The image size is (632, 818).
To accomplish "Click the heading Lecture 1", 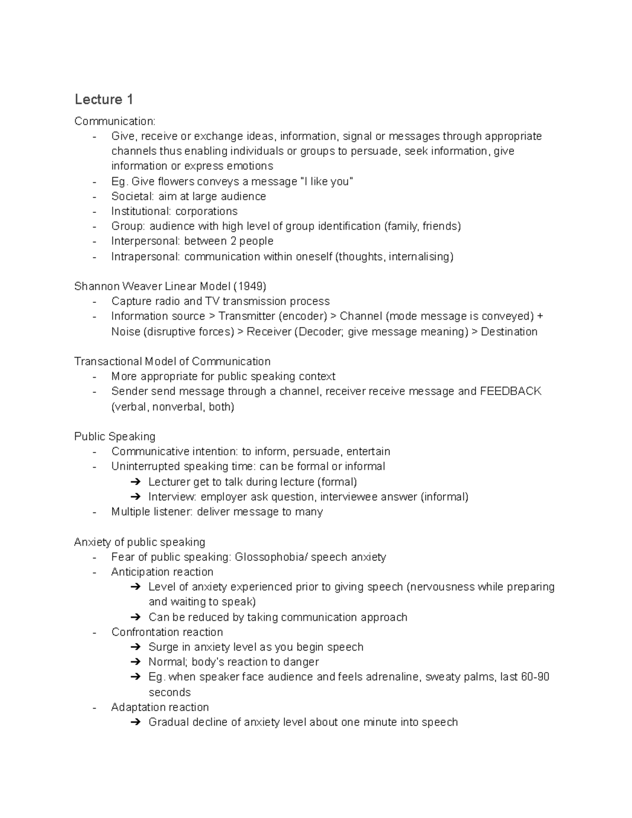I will click(104, 99).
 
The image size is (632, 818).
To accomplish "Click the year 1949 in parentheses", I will click(251, 287).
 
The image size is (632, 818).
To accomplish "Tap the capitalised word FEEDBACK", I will click(510, 391).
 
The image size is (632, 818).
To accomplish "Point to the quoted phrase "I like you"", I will click(327, 182).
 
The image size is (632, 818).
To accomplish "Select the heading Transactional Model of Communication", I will click(172, 361).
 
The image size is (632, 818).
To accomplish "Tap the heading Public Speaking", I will click(115, 437).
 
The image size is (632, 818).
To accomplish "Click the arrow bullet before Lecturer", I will click(135, 482).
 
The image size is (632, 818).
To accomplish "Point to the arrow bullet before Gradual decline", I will click(135, 723).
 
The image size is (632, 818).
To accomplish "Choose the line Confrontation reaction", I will click(167, 632).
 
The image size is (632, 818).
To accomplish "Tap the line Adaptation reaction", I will click(160, 707).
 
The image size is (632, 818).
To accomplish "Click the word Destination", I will click(509, 332).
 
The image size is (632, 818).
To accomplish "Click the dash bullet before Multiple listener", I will click(94, 512).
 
